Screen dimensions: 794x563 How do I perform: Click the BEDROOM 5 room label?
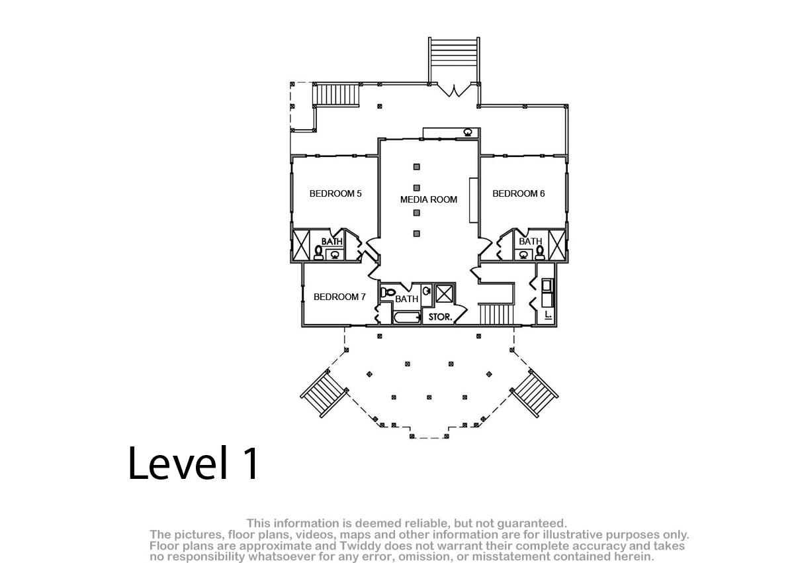[x=335, y=193]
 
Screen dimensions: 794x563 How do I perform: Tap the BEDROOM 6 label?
[x=519, y=193]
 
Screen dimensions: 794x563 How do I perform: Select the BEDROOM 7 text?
[x=339, y=297]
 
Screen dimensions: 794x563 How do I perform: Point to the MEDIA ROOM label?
[x=429, y=200]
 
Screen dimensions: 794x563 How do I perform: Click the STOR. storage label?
[x=441, y=317]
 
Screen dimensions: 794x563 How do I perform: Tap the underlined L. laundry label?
[x=549, y=315]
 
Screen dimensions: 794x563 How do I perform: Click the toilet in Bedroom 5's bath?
[x=318, y=252]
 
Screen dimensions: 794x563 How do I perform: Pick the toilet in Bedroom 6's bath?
[x=540, y=252]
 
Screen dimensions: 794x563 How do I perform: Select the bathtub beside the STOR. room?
[x=407, y=317]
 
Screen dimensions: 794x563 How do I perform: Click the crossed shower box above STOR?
[x=445, y=293]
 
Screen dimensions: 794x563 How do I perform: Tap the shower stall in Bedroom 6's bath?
[x=556, y=245]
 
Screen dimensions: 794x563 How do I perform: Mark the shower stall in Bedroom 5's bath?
[x=301, y=245]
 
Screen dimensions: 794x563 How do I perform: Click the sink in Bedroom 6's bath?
[x=523, y=254]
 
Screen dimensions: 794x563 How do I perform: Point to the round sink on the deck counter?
[x=468, y=132]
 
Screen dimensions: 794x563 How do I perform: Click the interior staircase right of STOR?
[x=496, y=315]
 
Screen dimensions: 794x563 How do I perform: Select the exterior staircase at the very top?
[x=454, y=60]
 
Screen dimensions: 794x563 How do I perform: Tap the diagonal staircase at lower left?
[x=324, y=393]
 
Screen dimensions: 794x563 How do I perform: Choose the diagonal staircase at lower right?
[x=535, y=393]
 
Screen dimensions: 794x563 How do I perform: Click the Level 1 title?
[x=193, y=463]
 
